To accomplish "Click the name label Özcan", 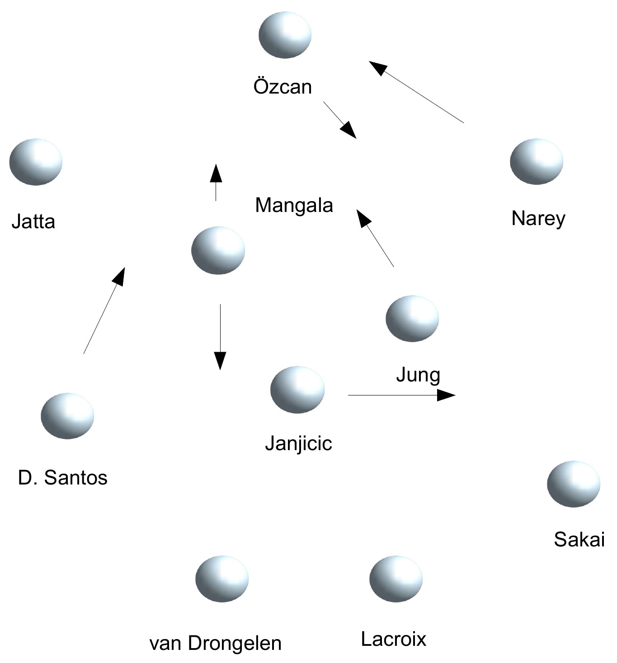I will coord(283,87).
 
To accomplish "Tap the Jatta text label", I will coord(33,222).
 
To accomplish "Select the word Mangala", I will coord(294,206).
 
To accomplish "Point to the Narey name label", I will coord(538,219).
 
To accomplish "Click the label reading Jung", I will coord(418,375).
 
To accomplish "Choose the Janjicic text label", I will coord(298,444).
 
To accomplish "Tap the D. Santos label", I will coord(63,478).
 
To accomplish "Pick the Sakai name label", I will coord(579,540).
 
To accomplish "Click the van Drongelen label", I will coord(215,643).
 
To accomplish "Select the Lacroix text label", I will coord(393,639).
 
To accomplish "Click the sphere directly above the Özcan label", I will coord(285,35).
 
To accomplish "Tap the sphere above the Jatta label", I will coord(36,161).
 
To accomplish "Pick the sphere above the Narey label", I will coord(537,161).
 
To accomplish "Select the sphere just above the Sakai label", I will coord(574,484).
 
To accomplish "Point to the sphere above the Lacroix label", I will coord(396,578).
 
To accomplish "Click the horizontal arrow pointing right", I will coord(401,395).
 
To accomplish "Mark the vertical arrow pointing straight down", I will coord(220,337).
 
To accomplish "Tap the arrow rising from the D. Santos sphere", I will coord(104,310).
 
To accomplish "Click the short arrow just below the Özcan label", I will coord(339,120).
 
